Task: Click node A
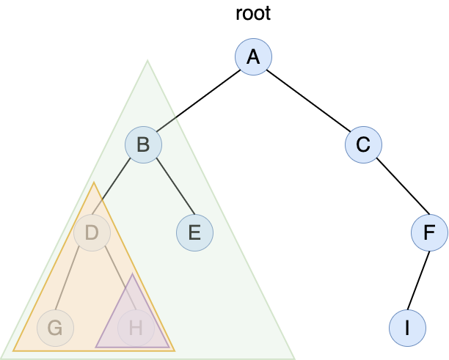pyautogui.click(x=253, y=57)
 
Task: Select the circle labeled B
pyautogui.click(x=143, y=145)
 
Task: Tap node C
pyautogui.click(x=363, y=145)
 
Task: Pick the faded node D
pyautogui.click(x=92, y=233)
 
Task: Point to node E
pyautogui.click(x=194, y=233)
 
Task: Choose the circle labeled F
pyautogui.click(x=429, y=233)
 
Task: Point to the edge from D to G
pyautogui.click(x=73, y=281)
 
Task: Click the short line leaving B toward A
pyautogui.click(x=168, y=123)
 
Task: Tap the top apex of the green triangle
pyautogui.click(x=147, y=61)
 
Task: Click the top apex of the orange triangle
pyautogui.click(x=94, y=183)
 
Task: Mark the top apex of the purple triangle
pyautogui.click(x=132, y=275)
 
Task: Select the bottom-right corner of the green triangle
pyautogui.click(x=294, y=358)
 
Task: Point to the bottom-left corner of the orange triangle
pyautogui.click(x=14, y=350)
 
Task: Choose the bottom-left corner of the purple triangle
pyautogui.click(x=96, y=347)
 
